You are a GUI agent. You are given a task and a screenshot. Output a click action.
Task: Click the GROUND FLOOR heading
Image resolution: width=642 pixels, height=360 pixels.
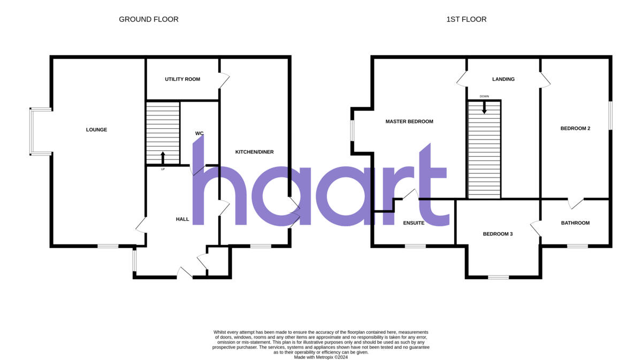(148, 19)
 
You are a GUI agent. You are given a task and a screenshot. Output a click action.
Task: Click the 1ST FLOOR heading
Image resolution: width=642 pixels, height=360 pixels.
(466, 19)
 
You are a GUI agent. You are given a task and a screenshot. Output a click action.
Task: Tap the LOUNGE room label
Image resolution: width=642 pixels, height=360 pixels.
(96, 129)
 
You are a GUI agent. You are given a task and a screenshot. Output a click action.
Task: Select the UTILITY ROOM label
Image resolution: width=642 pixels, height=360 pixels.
(182, 79)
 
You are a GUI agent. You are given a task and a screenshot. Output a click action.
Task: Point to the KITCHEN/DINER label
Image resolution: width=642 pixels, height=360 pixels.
(255, 152)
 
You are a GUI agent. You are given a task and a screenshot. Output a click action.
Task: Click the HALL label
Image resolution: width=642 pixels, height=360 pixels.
(182, 219)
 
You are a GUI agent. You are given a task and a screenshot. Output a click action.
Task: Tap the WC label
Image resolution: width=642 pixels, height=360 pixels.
(200, 133)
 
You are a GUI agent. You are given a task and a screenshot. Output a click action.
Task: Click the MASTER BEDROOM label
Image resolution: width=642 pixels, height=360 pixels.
(409, 121)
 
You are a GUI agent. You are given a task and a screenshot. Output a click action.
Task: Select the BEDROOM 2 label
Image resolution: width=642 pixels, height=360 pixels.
(575, 128)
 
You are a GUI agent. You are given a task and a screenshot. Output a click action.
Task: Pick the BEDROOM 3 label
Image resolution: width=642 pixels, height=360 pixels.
(498, 234)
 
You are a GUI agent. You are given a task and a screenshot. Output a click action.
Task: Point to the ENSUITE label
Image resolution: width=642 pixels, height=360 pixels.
(414, 223)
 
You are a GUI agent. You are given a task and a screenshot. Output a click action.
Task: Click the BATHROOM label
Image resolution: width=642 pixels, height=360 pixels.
(575, 223)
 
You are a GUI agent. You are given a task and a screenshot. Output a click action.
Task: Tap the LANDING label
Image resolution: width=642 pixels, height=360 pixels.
(503, 79)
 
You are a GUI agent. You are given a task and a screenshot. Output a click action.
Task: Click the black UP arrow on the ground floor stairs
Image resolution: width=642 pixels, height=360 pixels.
(163, 158)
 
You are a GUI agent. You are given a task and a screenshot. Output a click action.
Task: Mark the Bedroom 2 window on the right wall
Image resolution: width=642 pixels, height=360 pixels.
(610, 115)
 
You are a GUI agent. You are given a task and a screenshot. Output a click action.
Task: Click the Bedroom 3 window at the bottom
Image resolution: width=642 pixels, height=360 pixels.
(498, 277)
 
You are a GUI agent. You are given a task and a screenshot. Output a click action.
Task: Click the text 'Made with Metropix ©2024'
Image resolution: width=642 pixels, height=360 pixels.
(321, 357)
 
